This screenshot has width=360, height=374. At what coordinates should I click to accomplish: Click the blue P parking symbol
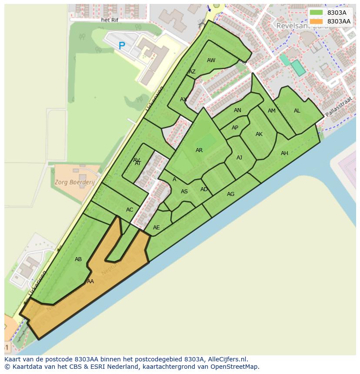[122, 45]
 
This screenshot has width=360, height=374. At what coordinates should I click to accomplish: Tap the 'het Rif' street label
[110, 20]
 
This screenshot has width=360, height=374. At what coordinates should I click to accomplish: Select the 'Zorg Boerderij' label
[74, 182]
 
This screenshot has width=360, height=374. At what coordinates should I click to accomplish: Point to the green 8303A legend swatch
[317, 13]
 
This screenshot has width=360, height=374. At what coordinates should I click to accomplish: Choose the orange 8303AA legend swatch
[317, 21]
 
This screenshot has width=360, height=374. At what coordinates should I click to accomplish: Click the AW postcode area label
[211, 60]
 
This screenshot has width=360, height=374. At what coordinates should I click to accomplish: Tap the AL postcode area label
[297, 111]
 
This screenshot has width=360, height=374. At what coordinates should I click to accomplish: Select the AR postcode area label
[199, 150]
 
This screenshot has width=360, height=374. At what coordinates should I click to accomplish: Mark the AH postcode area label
[284, 153]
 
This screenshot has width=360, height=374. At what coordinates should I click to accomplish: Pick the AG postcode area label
[230, 194]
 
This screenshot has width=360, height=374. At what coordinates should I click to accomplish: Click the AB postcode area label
[78, 259]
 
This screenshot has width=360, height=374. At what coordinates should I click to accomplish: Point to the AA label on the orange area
[90, 281]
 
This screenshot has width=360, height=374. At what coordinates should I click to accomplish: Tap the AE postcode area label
[156, 228]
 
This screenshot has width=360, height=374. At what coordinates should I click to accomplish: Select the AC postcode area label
[130, 210]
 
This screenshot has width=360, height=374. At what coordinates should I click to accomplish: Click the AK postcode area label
[259, 134]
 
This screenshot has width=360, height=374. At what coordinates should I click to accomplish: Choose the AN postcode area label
[237, 110]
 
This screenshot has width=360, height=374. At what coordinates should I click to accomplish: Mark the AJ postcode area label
[239, 158]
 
